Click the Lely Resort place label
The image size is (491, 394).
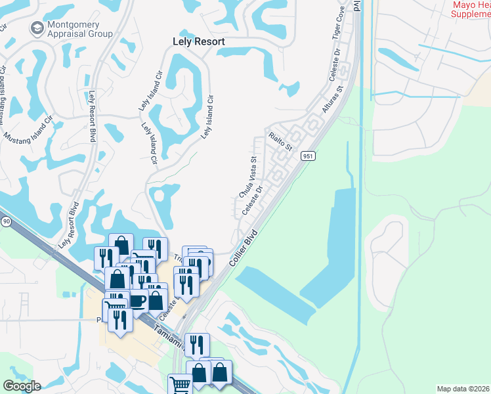(x=198, y=41)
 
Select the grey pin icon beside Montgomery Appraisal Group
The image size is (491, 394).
(x=36, y=28)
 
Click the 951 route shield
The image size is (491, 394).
(x=309, y=156)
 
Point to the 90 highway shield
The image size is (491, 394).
(x=5, y=222)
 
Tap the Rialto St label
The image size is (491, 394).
(x=280, y=141)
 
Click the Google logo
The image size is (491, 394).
(x=22, y=386)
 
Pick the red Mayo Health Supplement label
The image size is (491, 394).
(x=471, y=9)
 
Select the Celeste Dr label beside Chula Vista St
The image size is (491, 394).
(x=253, y=199)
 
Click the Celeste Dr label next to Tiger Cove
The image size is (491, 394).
(x=335, y=61)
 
